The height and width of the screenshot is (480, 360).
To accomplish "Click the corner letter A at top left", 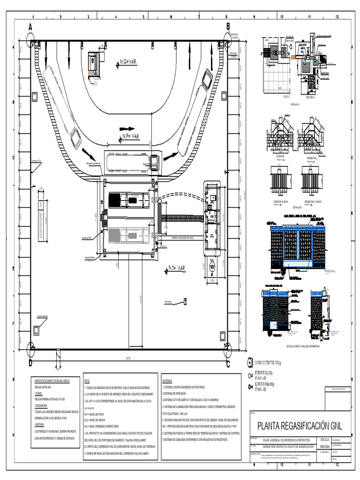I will tap(30, 27).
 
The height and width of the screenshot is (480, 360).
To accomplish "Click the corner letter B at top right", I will tap(228, 27).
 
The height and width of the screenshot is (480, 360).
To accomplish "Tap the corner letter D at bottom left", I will tap(30, 363).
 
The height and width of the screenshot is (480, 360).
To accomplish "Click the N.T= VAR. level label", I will tap(177, 269).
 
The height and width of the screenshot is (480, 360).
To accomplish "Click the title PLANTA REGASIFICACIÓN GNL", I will tap(300, 426).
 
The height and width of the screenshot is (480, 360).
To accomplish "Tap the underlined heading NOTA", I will tap(88, 381).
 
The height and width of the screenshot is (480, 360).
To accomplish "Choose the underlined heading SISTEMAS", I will tap(167, 381).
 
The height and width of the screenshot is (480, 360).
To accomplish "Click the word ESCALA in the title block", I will tap(324, 440).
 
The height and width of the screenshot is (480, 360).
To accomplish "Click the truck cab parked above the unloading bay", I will tap(154, 162).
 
